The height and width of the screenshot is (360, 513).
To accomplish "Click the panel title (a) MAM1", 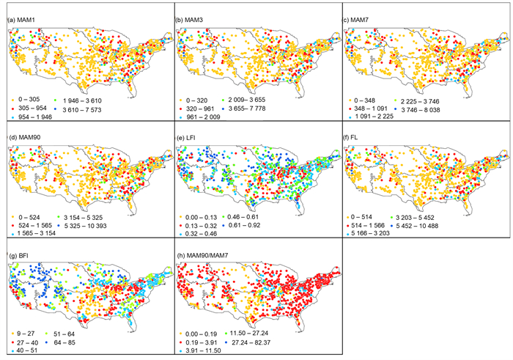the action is (21, 21).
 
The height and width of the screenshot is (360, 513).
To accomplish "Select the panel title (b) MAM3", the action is (189, 21).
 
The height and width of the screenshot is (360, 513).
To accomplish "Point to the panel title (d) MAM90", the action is (24, 137).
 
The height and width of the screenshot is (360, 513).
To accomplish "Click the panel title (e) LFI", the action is (186, 137).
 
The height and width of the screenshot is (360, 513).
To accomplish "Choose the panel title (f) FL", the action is (350, 137).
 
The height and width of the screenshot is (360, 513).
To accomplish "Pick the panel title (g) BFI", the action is (18, 256).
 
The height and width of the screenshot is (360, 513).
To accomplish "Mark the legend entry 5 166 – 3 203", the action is (369, 233).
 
